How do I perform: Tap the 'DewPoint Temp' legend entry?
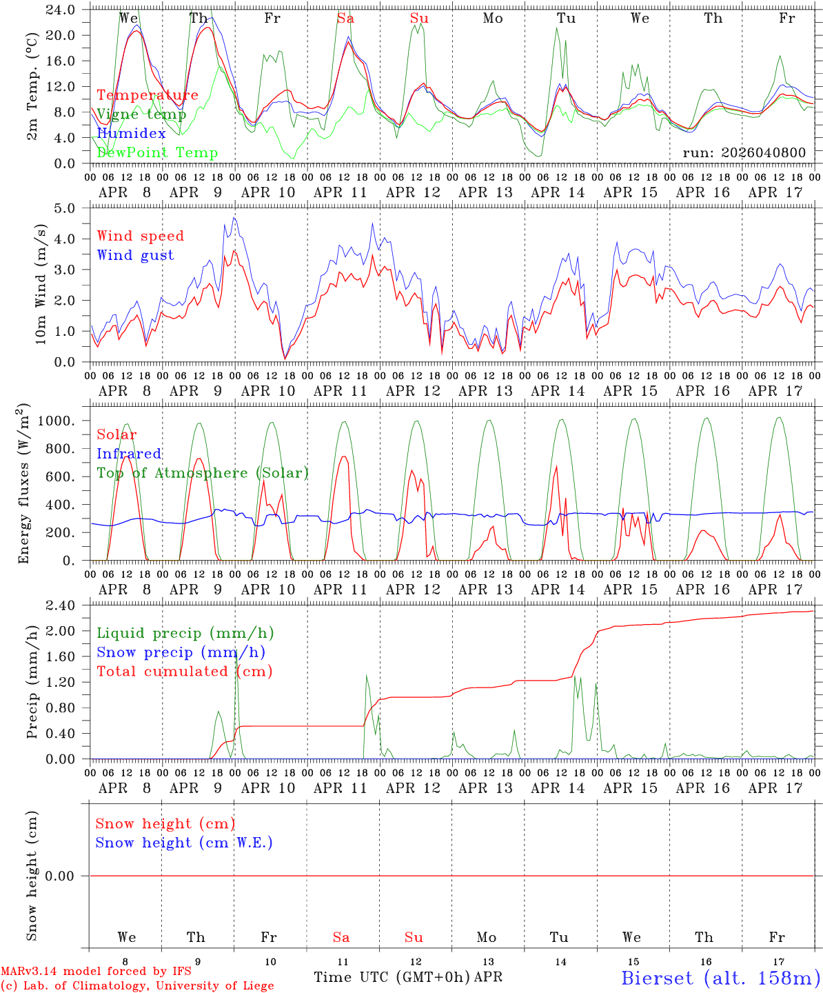click(157, 152)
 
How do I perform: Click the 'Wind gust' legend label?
click(136, 255)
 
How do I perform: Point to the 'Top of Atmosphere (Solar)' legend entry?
click(203, 473)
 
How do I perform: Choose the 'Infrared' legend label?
click(129, 454)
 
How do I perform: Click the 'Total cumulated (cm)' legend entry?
click(185, 671)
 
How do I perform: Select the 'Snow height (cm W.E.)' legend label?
click(184, 843)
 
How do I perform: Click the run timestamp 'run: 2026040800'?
click(744, 152)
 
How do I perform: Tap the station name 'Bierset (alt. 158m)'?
click(720, 977)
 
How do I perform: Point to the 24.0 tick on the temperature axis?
click(61, 10)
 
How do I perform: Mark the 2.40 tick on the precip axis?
click(61, 605)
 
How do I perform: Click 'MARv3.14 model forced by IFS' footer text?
click(96, 972)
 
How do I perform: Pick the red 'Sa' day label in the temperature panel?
click(345, 19)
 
